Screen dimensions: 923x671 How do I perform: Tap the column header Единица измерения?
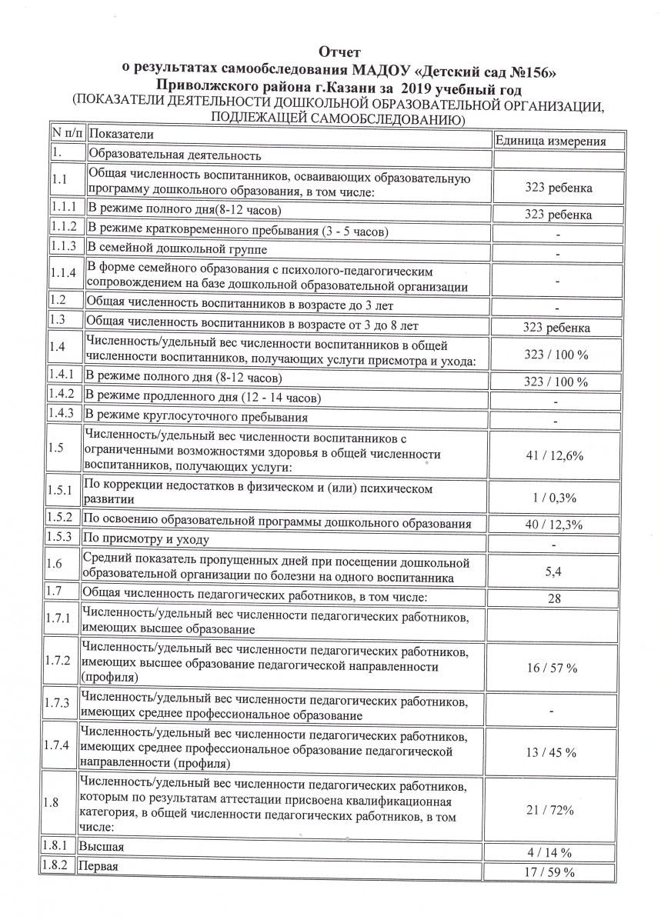pyautogui.click(x=549, y=141)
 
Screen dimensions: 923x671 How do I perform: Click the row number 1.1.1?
pyautogui.click(x=64, y=208)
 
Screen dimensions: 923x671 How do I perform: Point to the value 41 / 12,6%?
pyautogui.click(x=553, y=456)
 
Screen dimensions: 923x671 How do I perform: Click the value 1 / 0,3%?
pyautogui.click(x=555, y=498)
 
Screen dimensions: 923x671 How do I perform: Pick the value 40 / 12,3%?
pyautogui.click(x=553, y=525)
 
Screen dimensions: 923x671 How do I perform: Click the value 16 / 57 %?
pyautogui.click(x=552, y=668)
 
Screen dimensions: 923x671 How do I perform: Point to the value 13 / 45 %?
pyautogui.click(x=552, y=751)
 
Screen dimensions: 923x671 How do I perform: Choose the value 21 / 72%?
pyautogui.click(x=551, y=810)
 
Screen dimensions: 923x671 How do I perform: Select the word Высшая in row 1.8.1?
pyautogui.click(x=103, y=846)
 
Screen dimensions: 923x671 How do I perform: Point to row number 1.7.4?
pyautogui.click(x=59, y=745)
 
